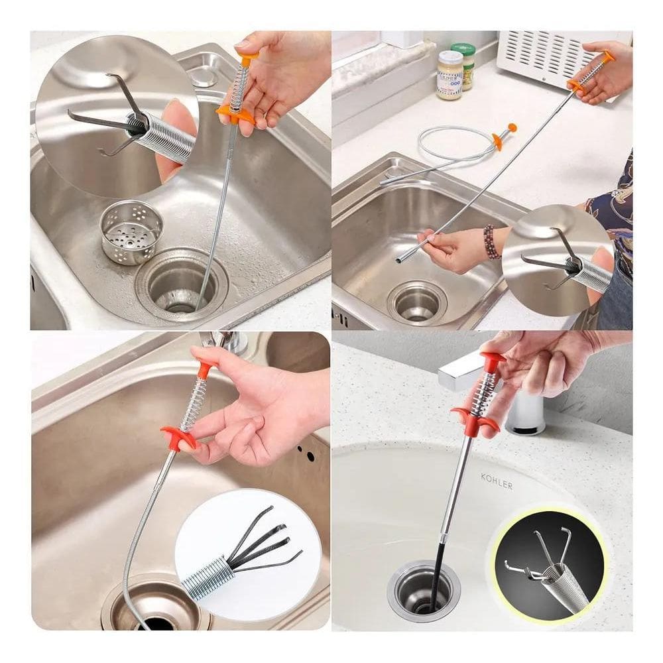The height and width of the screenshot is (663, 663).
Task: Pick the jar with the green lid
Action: click(465, 64)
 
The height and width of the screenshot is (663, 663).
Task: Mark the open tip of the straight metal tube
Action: click(399, 259)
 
